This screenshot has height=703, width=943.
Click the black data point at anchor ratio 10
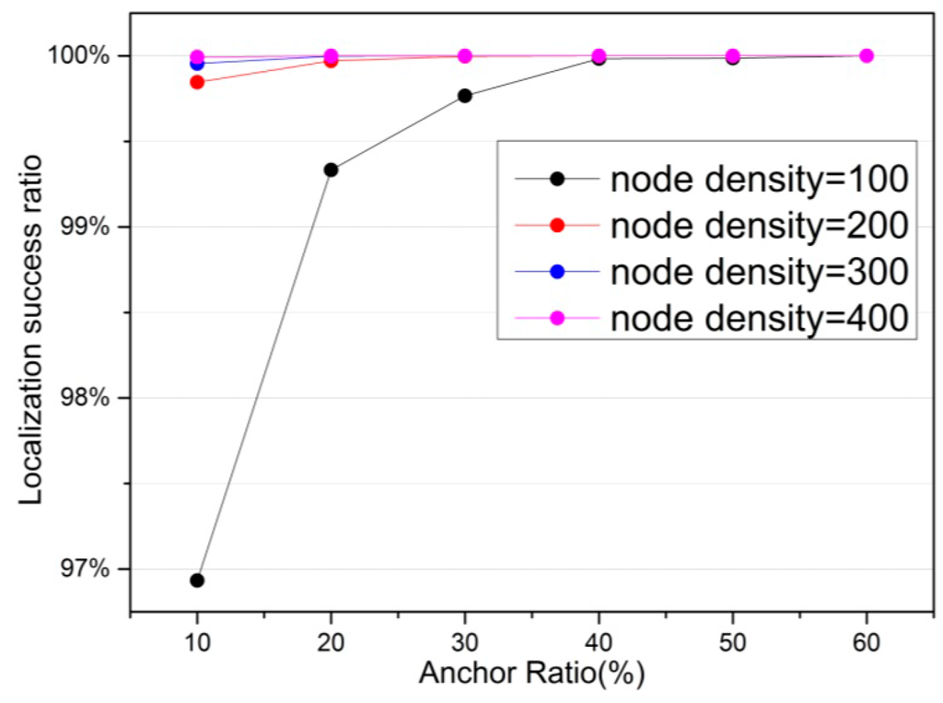click(196, 580)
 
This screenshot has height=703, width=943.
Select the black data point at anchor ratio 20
click(331, 170)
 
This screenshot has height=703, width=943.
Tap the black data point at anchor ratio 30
click(465, 96)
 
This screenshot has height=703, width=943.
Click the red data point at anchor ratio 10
click(196, 82)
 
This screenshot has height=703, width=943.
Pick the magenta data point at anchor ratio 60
click(867, 56)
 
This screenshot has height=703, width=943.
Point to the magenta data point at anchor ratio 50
click(733, 56)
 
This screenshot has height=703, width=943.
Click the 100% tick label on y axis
click(81, 56)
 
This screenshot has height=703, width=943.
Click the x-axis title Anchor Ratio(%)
click(531, 674)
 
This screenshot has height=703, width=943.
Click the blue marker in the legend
click(556, 273)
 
